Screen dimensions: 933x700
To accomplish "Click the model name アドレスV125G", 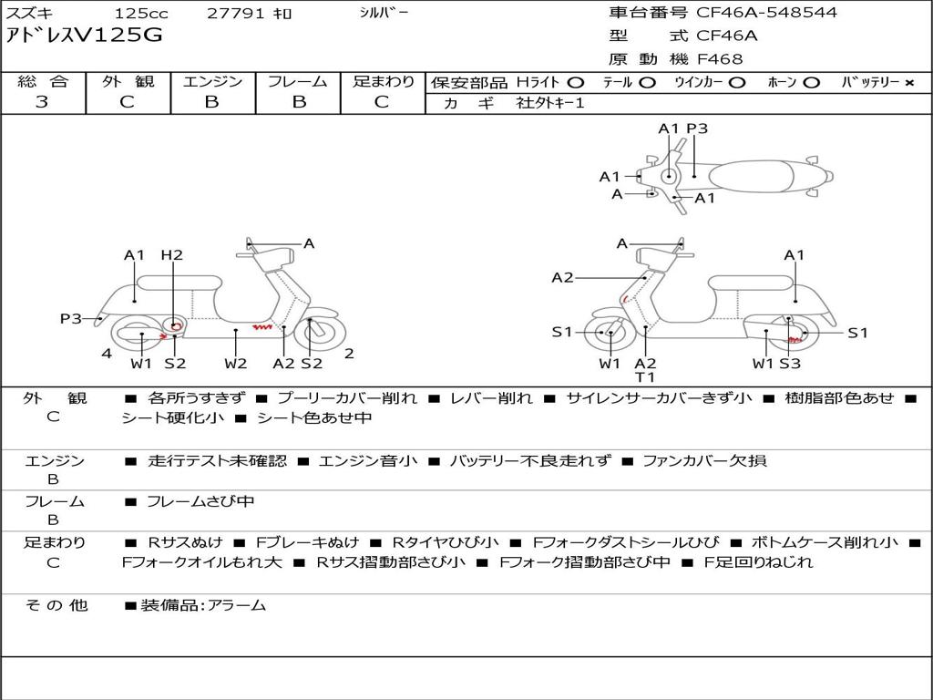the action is tap(84, 36).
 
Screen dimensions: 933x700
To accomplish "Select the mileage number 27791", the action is tap(236, 13).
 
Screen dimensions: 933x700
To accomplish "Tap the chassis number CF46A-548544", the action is tap(766, 13).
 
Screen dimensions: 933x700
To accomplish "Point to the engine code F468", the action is tap(720, 59).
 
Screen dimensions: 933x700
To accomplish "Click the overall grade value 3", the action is tap(42, 102).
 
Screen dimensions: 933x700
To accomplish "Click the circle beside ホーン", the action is tap(811, 83).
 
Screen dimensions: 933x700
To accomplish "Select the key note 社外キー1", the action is tap(550, 103).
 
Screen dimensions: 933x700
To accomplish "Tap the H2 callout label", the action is tap(172, 255).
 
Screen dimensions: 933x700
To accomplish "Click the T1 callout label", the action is tap(645, 376).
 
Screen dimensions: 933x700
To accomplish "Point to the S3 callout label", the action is tap(790, 363).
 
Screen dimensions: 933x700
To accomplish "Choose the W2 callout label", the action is tap(236, 363).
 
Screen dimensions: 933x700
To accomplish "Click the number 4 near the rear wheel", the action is tap(107, 354).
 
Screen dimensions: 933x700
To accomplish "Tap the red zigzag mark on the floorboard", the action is tap(261, 327).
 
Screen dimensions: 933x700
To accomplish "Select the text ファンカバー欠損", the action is tap(704, 460).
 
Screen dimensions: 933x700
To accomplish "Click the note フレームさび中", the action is tap(200, 501).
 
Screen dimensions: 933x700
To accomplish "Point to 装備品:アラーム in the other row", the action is tap(203, 605).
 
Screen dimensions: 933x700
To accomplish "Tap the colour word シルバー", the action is tap(384, 13).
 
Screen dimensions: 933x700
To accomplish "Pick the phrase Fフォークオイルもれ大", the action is tap(201, 561).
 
